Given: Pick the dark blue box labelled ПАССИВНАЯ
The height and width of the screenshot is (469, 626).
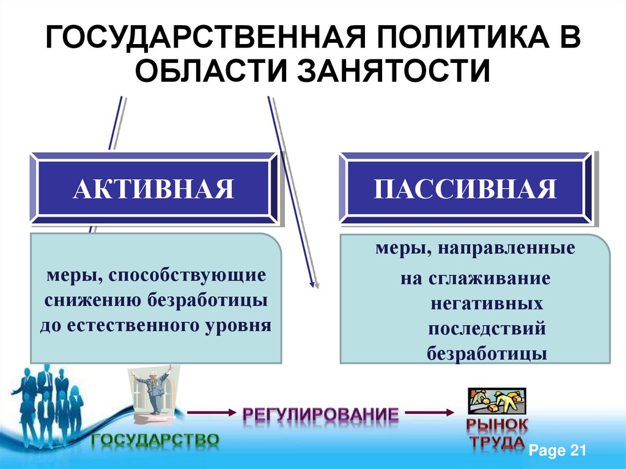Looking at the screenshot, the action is point(465,189).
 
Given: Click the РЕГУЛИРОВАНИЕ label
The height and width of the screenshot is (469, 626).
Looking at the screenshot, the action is point(320,415).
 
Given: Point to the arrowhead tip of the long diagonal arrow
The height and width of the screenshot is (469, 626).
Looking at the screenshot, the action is point(316,286).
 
